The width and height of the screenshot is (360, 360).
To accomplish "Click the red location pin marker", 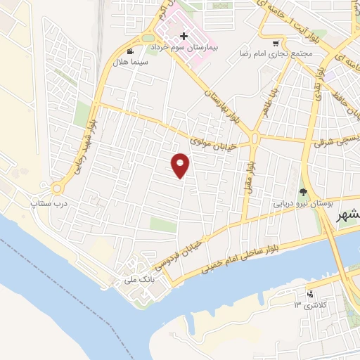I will point(181,165).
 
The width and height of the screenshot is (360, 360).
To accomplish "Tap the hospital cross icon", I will point(184,35).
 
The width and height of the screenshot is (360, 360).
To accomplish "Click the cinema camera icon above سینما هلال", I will point(129,51).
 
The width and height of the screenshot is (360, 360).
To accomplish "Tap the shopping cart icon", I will point(284,41).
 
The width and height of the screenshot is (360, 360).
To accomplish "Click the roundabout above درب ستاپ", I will point(56,188).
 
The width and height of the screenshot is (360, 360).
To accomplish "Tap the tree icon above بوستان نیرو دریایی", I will point(304,191).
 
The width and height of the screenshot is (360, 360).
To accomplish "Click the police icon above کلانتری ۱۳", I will point(310,294).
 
